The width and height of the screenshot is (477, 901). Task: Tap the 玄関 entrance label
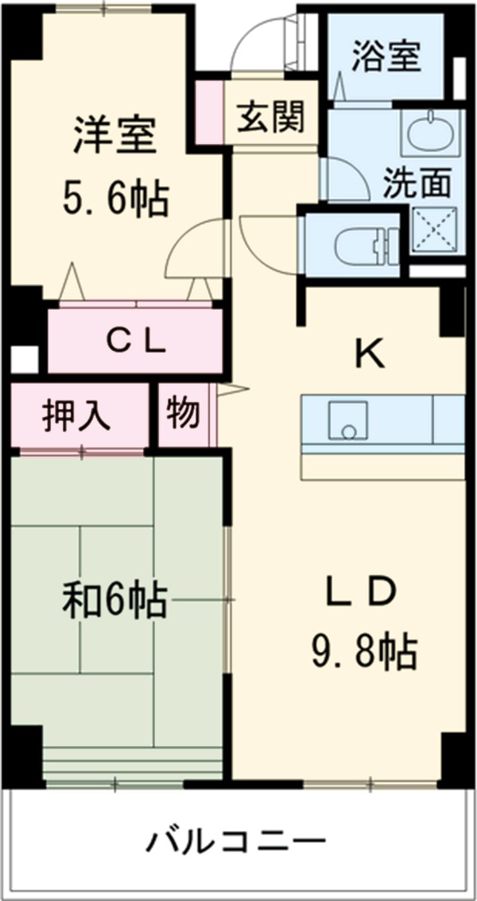270,120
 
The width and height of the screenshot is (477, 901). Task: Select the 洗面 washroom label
417,183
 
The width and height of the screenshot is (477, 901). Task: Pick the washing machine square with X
435,229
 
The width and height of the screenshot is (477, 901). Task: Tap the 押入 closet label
77,415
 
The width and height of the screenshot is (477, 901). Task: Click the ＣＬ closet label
136,342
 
